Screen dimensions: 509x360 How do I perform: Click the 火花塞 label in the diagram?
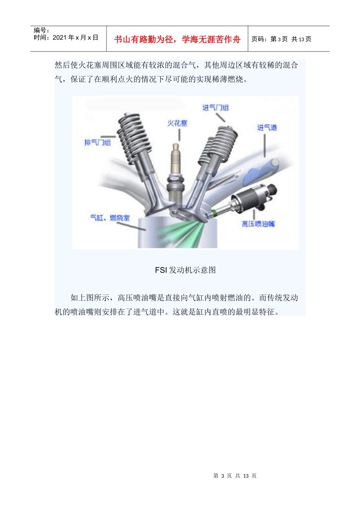(x=177, y=123)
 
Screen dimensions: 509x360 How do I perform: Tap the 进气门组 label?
(x=215, y=108)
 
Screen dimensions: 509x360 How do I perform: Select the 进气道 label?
(x=267, y=128)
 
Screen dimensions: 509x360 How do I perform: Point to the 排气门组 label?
(x=97, y=142)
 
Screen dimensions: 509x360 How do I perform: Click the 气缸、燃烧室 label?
(x=110, y=218)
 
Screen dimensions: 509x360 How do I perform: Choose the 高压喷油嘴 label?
(x=258, y=224)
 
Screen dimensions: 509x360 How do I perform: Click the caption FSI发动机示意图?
(x=185, y=270)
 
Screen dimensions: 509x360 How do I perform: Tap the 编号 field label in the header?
(x=41, y=30)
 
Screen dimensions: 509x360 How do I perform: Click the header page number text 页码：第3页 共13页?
(x=281, y=39)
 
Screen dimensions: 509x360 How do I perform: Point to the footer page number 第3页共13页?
(x=235, y=476)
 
